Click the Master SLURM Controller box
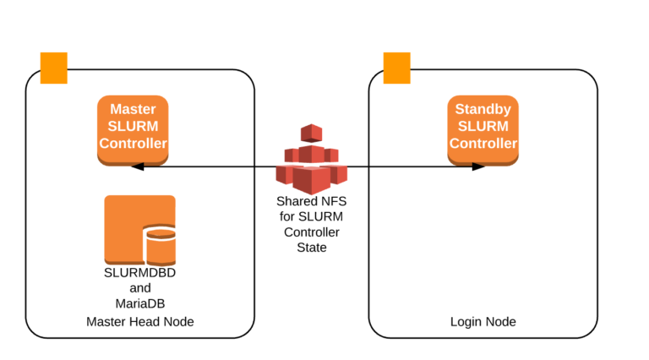(x=133, y=128)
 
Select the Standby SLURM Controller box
(x=483, y=128)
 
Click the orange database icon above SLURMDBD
(x=139, y=229)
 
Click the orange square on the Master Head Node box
(x=54, y=68)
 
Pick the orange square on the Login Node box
(x=397, y=68)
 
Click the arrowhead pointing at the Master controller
(x=137, y=166)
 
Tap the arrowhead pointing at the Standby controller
(x=478, y=166)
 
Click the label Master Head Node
(x=139, y=322)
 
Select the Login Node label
(x=483, y=322)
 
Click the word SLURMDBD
(x=139, y=273)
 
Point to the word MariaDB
(x=139, y=303)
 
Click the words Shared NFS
(x=311, y=202)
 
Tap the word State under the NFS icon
(x=311, y=248)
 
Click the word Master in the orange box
(x=133, y=110)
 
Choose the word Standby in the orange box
(x=483, y=110)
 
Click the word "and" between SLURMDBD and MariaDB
(x=139, y=288)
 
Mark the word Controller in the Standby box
(x=483, y=143)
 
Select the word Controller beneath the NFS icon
(x=311, y=232)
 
